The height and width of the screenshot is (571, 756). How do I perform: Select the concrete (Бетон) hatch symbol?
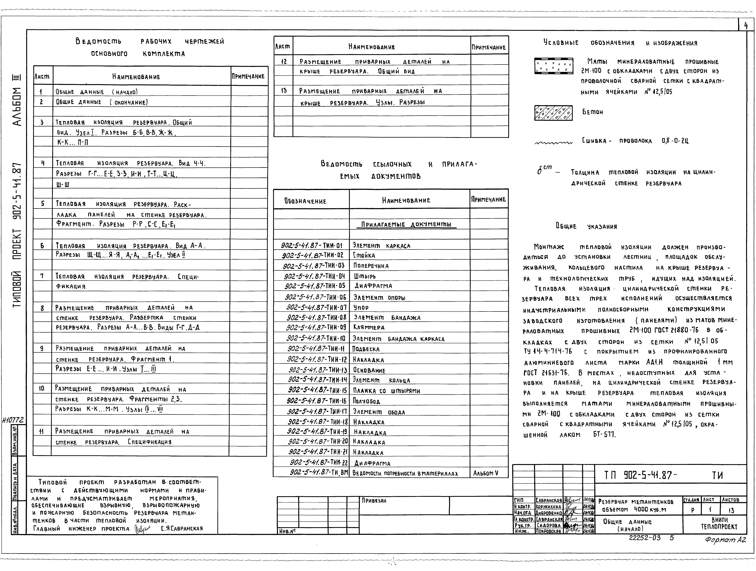pyautogui.click(x=553, y=113)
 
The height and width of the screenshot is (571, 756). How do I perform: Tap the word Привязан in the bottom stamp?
pyautogui.click(x=374, y=501)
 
